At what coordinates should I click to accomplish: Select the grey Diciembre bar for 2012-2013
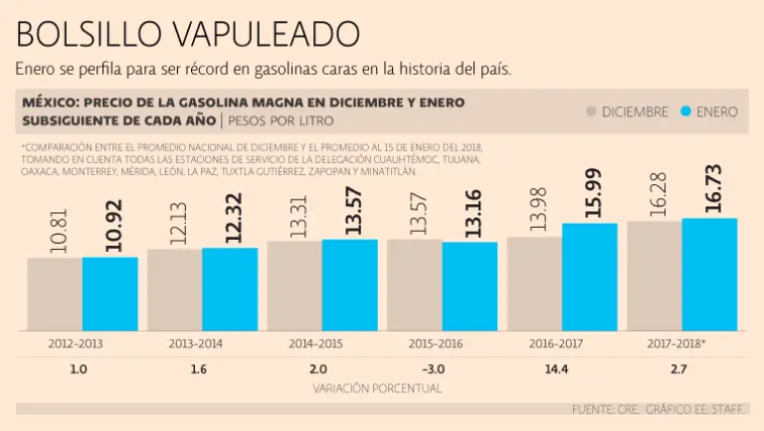point(55,294)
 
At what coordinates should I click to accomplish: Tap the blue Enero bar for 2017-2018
point(709,274)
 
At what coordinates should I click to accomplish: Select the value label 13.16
point(471,213)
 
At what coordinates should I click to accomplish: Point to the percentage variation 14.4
point(556,369)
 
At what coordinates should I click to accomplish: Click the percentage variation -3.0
point(436,369)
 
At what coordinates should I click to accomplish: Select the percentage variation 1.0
point(80,369)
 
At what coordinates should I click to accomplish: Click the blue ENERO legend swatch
point(685,112)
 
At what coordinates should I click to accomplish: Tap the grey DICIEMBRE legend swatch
point(592,112)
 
